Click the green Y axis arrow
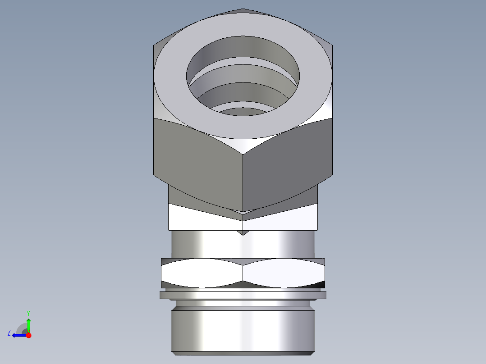click(x=28, y=324)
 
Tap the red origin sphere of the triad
click(x=28, y=335)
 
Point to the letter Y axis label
click(x=28, y=312)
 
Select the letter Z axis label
click(x=9, y=333)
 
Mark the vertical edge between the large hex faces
click(x=243, y=180)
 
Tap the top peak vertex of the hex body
click(x=243, y=9)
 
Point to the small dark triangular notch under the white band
click(x=243, y=232)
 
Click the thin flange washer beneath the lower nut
click(x=243, y=295)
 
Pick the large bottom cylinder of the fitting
click(x=243, y=329)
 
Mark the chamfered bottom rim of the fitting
click(x=243, y=353)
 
